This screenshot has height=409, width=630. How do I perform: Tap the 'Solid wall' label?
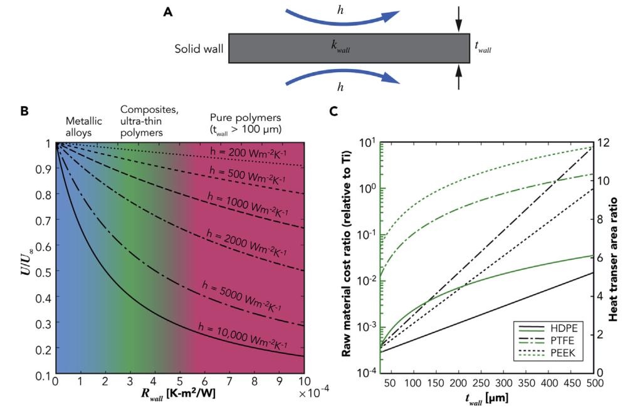199,48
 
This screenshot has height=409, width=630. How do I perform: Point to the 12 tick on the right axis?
602,142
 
